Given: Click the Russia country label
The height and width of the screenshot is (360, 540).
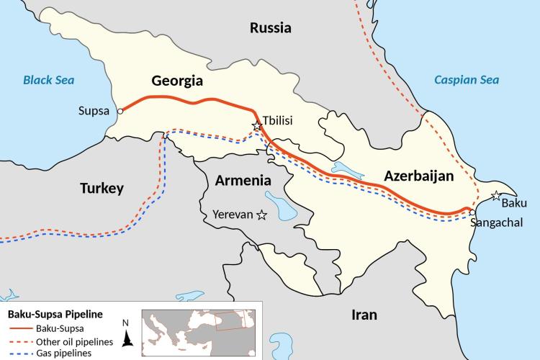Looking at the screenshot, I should coord(270,28).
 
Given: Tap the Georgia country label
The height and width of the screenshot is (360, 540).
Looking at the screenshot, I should coord(176,80).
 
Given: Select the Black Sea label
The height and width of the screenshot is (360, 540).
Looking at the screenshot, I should coord(49,79).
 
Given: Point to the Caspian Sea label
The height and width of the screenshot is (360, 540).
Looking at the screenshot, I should coord(466,79).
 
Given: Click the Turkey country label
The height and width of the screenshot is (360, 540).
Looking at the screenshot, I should coord(102,189).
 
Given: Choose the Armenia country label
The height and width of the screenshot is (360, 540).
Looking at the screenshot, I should coord(243,181).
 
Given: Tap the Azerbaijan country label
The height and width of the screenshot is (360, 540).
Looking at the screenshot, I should coord(418,176).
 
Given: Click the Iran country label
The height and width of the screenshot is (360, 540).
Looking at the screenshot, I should coord(364,315).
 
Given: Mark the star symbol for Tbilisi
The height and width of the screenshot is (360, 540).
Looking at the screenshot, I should coord(256,126).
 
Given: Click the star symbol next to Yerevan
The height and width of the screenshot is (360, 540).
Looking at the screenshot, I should coord(262,214).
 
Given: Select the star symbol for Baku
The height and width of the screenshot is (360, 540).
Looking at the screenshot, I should coord(496,195).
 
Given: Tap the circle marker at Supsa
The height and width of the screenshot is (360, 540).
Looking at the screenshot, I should coord(120,112).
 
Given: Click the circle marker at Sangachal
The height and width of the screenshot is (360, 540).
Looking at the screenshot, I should coord(470,212).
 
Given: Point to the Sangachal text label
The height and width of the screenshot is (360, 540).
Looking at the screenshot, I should coord(496,223).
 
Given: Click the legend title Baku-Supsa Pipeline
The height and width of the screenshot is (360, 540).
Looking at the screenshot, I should coord(54,315).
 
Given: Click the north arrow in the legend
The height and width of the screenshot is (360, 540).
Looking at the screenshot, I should coord(127,333).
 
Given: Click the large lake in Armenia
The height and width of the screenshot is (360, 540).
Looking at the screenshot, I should coord(275,202).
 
